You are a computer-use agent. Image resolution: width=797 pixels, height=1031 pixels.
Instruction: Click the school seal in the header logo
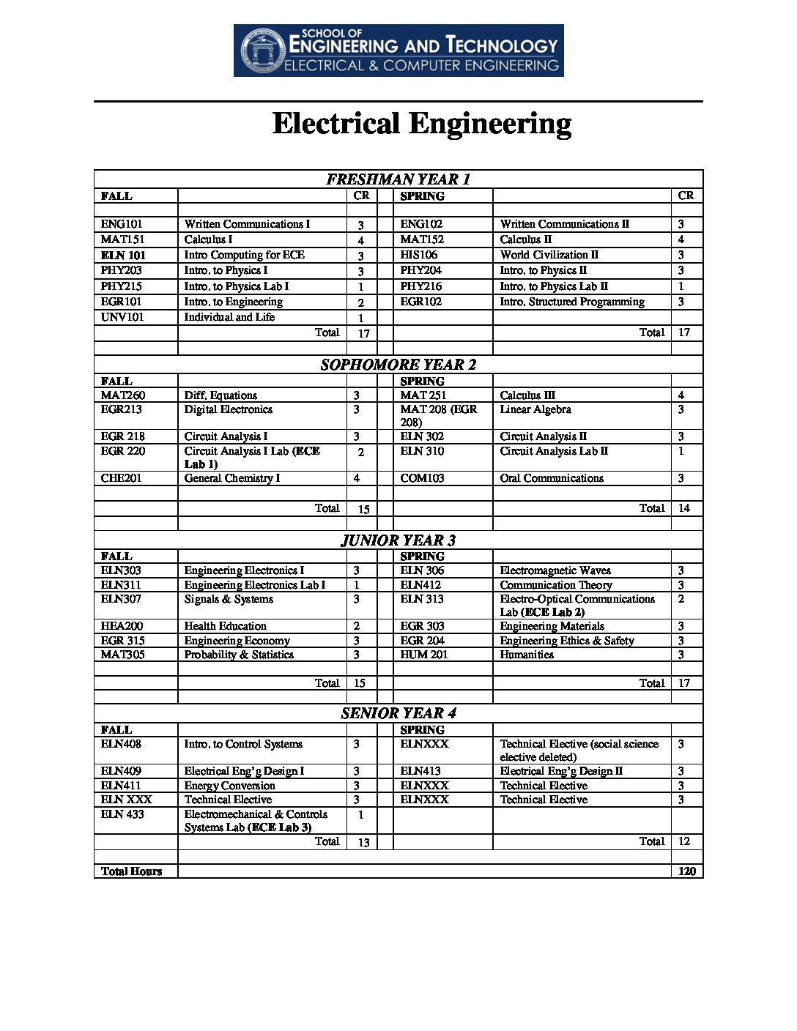[262, 51]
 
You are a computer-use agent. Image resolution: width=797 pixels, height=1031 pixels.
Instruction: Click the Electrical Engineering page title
[421, 124]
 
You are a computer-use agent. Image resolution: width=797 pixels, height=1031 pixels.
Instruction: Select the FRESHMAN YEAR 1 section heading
[398, 179]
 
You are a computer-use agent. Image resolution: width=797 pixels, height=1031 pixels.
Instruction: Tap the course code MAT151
[122, 239]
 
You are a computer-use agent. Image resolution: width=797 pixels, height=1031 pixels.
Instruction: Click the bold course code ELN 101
[123, 256]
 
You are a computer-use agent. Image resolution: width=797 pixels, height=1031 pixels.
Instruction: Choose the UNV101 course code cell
[122, 317]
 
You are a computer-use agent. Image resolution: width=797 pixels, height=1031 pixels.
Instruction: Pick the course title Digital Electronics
[228, 409]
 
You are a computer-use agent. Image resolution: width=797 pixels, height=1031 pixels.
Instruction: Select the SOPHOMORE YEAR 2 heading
[398, 365]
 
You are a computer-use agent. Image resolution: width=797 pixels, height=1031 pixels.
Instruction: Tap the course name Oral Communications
[551, 478]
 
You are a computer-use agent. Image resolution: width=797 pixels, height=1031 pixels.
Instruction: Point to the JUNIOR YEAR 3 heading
[398, 540]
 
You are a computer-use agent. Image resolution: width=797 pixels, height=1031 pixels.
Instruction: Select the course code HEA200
[122, 626]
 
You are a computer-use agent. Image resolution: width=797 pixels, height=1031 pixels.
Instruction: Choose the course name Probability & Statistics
[239, 655]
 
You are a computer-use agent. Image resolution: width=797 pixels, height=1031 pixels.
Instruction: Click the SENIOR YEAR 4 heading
[398, 713]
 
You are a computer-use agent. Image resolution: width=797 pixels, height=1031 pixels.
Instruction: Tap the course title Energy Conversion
[229, 786]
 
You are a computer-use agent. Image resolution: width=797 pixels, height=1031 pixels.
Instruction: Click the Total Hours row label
[131, 871]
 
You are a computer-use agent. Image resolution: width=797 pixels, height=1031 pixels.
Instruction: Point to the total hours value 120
[686, 871]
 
